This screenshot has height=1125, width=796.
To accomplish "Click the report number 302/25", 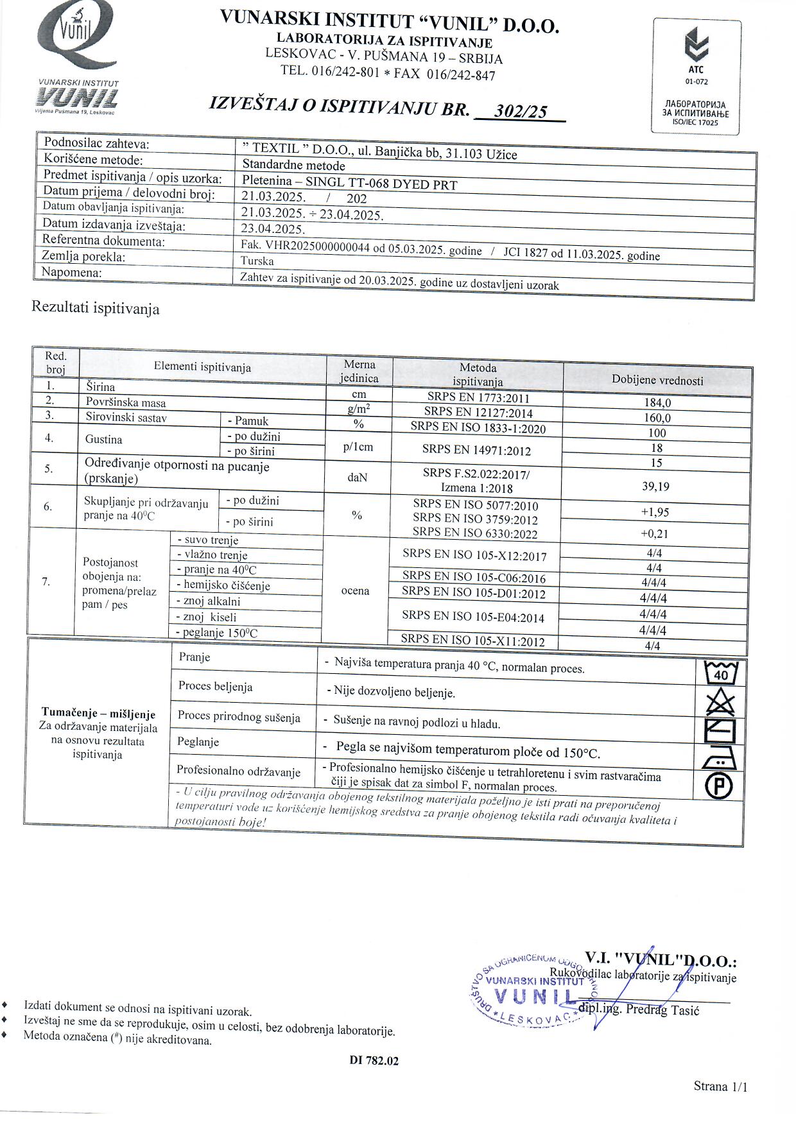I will [x=521, y=111].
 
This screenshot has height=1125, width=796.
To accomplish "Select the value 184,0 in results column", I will [x=657, y=403].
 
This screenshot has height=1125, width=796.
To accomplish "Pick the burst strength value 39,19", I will [x=655, y=486].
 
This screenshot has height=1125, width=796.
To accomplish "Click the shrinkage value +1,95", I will [x=655, y=512].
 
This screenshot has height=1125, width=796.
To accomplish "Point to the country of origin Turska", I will [x=257, y=261].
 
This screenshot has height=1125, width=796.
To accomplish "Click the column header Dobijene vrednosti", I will [x=657, y=380].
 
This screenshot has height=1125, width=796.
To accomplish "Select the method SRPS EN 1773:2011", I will [x=478, y=397].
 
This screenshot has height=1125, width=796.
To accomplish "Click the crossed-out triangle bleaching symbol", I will [x=720, y=702].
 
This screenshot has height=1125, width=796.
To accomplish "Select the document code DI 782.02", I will [x=374, y=1061].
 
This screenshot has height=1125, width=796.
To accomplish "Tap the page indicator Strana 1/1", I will [x=720, y=1086].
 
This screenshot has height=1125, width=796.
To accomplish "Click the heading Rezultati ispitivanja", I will [x=96, y=309].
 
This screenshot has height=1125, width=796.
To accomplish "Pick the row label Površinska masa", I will [x=126, y=403].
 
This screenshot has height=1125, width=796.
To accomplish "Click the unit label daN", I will [x=358, y=478].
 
